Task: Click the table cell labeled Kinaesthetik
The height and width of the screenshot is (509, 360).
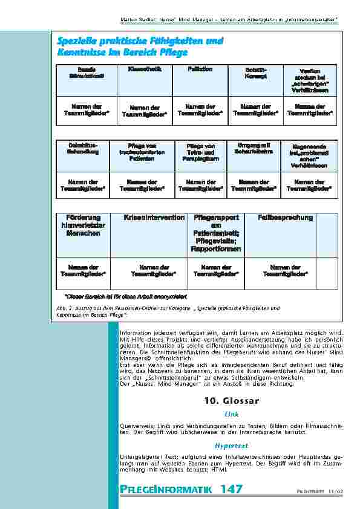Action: [x=144, y=70]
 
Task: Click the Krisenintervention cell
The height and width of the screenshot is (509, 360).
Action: [x=154, y=217]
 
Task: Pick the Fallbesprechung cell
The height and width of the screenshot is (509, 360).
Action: [x=285, y=217]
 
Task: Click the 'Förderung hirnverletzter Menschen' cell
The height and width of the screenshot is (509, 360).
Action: [x=83, y=225]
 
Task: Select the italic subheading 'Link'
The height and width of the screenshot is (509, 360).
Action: [x=232, y=415]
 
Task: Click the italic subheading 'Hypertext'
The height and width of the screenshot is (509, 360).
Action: [x=232, y=445]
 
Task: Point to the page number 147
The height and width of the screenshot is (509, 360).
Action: [x=232, y=489]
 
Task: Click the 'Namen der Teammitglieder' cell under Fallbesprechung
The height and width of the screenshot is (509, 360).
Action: [x=285, y=270]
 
